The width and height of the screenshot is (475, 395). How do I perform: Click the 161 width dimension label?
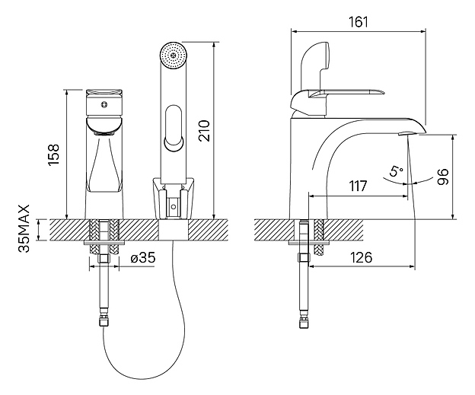(358, 22)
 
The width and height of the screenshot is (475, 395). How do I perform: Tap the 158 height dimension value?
(53, 154)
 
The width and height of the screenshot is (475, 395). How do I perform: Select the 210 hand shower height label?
(204, 131)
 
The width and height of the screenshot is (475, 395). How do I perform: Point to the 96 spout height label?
(442, 177)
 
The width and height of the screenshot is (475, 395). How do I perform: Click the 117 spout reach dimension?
(358, 186)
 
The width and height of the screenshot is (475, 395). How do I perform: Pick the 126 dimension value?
(361, 257)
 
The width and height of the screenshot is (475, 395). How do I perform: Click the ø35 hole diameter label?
(143, 258)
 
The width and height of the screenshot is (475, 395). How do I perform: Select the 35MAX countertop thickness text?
(24, 228)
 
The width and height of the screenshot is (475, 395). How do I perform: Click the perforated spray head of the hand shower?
(173, 56)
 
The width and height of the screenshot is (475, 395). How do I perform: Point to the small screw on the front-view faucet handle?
(104, 105)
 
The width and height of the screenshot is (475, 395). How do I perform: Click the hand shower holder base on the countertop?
(173, 199)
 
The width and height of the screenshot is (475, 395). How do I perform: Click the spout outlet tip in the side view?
(408, 133)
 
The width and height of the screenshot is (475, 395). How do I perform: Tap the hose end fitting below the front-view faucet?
(104, 320)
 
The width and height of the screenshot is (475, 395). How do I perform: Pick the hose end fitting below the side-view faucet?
(303, 323)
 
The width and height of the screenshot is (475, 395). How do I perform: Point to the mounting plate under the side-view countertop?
(309, 243)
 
